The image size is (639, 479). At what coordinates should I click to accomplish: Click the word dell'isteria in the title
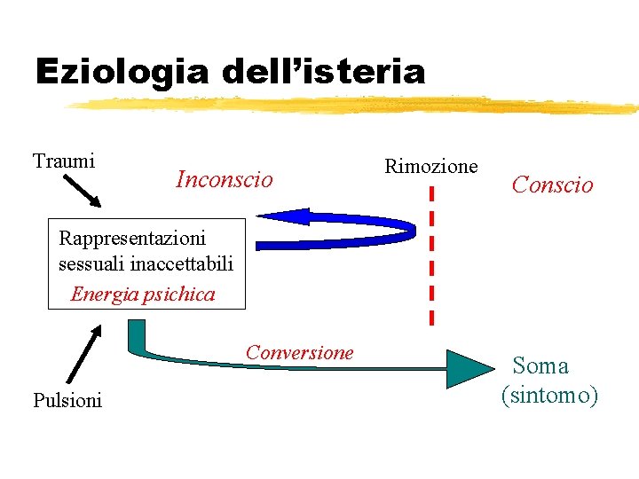324,71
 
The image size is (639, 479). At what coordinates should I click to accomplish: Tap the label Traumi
63,161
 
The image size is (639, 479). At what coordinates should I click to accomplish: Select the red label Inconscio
225,179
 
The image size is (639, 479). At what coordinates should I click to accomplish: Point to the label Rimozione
430,166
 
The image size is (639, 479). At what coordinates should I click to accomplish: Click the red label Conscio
552,185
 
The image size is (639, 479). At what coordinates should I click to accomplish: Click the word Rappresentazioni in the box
132,238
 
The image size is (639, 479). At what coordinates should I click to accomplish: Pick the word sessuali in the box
92,263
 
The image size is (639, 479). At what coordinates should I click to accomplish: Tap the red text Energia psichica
143,294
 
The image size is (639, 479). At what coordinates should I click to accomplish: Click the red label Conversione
299,352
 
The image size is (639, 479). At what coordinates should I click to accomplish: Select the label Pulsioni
67,400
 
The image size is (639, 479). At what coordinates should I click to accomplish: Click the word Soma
540,365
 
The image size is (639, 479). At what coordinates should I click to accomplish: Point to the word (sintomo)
549,395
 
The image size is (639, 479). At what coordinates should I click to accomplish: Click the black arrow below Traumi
83,189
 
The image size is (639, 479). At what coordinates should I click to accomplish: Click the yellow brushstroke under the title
355,106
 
